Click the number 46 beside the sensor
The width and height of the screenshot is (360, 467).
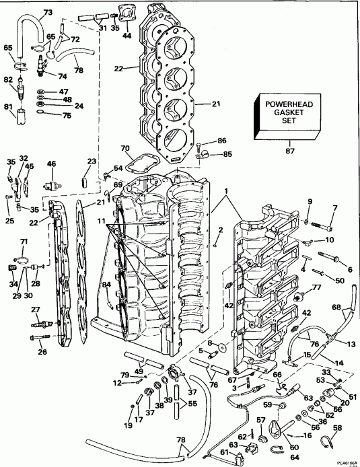pyautogui.click(x=51, y=164)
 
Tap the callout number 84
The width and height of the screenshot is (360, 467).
pyautogui.click(x=106, y=286)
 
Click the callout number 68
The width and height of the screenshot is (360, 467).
pyautogui.click(x=335, y=308)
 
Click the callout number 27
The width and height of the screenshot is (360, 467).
pyautogui.click(x=36, y=308)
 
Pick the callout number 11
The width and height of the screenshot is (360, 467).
pyautogui.click(x=101, y=220)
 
